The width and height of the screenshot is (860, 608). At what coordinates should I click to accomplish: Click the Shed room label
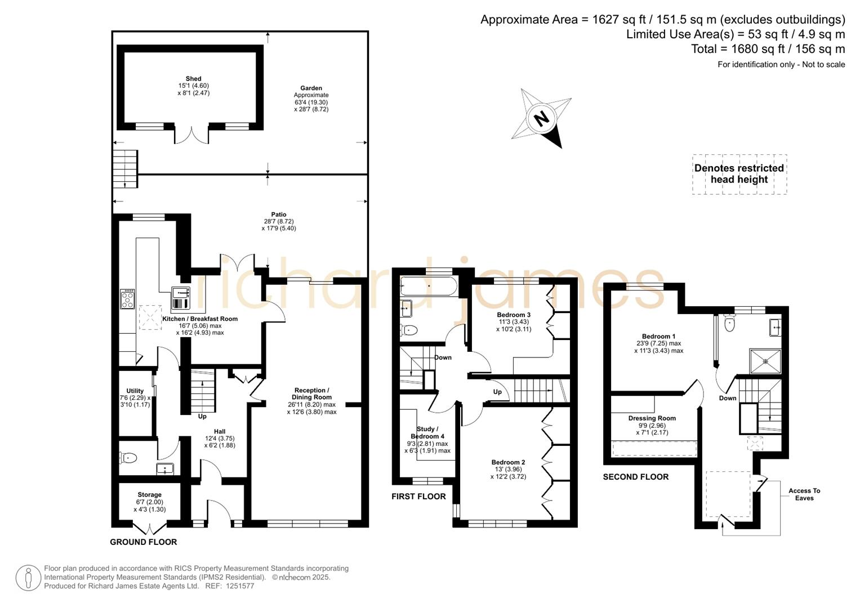(193, 79)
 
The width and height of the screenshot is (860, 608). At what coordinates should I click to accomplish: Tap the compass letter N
(541, 119)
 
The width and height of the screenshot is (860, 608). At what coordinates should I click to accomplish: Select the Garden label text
(311, 88)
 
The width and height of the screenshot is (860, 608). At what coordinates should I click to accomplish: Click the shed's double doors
(191, 135)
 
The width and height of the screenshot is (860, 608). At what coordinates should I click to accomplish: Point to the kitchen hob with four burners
(127, 298)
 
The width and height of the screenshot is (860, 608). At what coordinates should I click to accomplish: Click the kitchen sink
(181, 292)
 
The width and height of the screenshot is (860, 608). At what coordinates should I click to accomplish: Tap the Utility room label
(135, 391)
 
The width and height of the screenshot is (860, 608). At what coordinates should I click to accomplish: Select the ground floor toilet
(127, 458)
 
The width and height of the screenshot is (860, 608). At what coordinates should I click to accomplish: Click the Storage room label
(149, 495)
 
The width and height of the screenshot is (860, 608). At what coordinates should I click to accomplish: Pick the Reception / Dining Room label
(311, 394)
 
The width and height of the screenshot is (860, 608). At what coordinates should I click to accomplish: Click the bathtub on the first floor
(428, 286)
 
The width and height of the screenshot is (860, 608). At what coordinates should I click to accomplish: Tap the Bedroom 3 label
(513, 315)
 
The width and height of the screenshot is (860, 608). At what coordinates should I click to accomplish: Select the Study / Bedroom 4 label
(427, 432)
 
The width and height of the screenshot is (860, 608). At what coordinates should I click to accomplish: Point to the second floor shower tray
(765, 361)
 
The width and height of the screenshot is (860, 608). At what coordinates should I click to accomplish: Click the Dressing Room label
(652, 418)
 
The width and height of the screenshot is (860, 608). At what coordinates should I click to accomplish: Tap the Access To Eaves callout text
(804, 494)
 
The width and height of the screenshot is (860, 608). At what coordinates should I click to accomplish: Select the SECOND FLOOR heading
(635, 477)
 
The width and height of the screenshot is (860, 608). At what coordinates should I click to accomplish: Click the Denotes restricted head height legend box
(739, 174)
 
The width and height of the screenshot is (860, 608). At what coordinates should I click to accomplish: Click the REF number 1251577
(239, 586)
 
